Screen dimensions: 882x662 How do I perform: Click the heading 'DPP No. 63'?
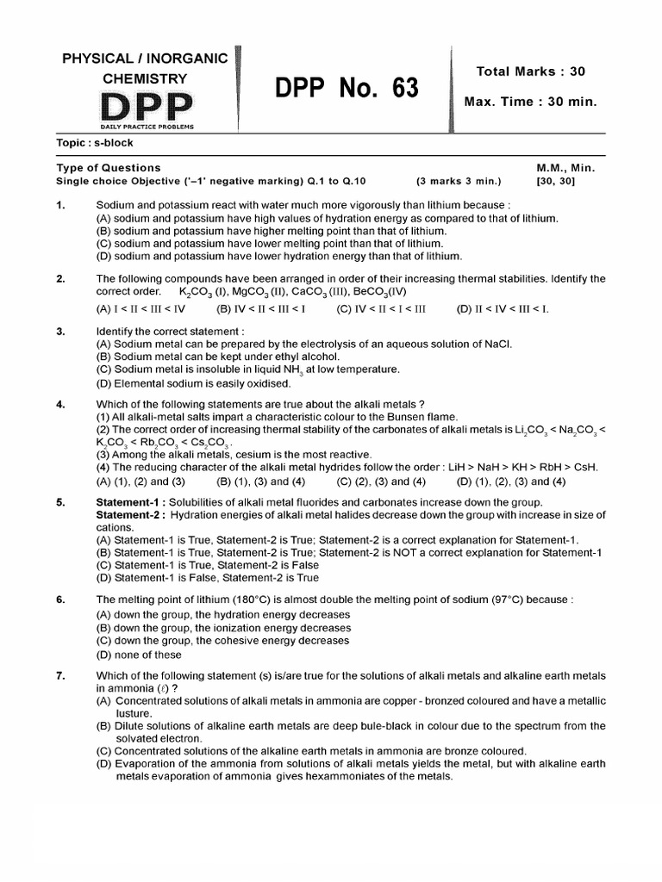click(347, 89)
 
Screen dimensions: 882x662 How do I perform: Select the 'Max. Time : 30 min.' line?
click(530, 102)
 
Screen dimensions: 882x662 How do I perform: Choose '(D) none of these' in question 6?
click(139, 655)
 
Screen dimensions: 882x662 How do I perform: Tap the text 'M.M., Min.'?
click(566, 168)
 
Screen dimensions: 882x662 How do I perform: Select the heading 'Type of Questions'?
click(109, 168)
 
